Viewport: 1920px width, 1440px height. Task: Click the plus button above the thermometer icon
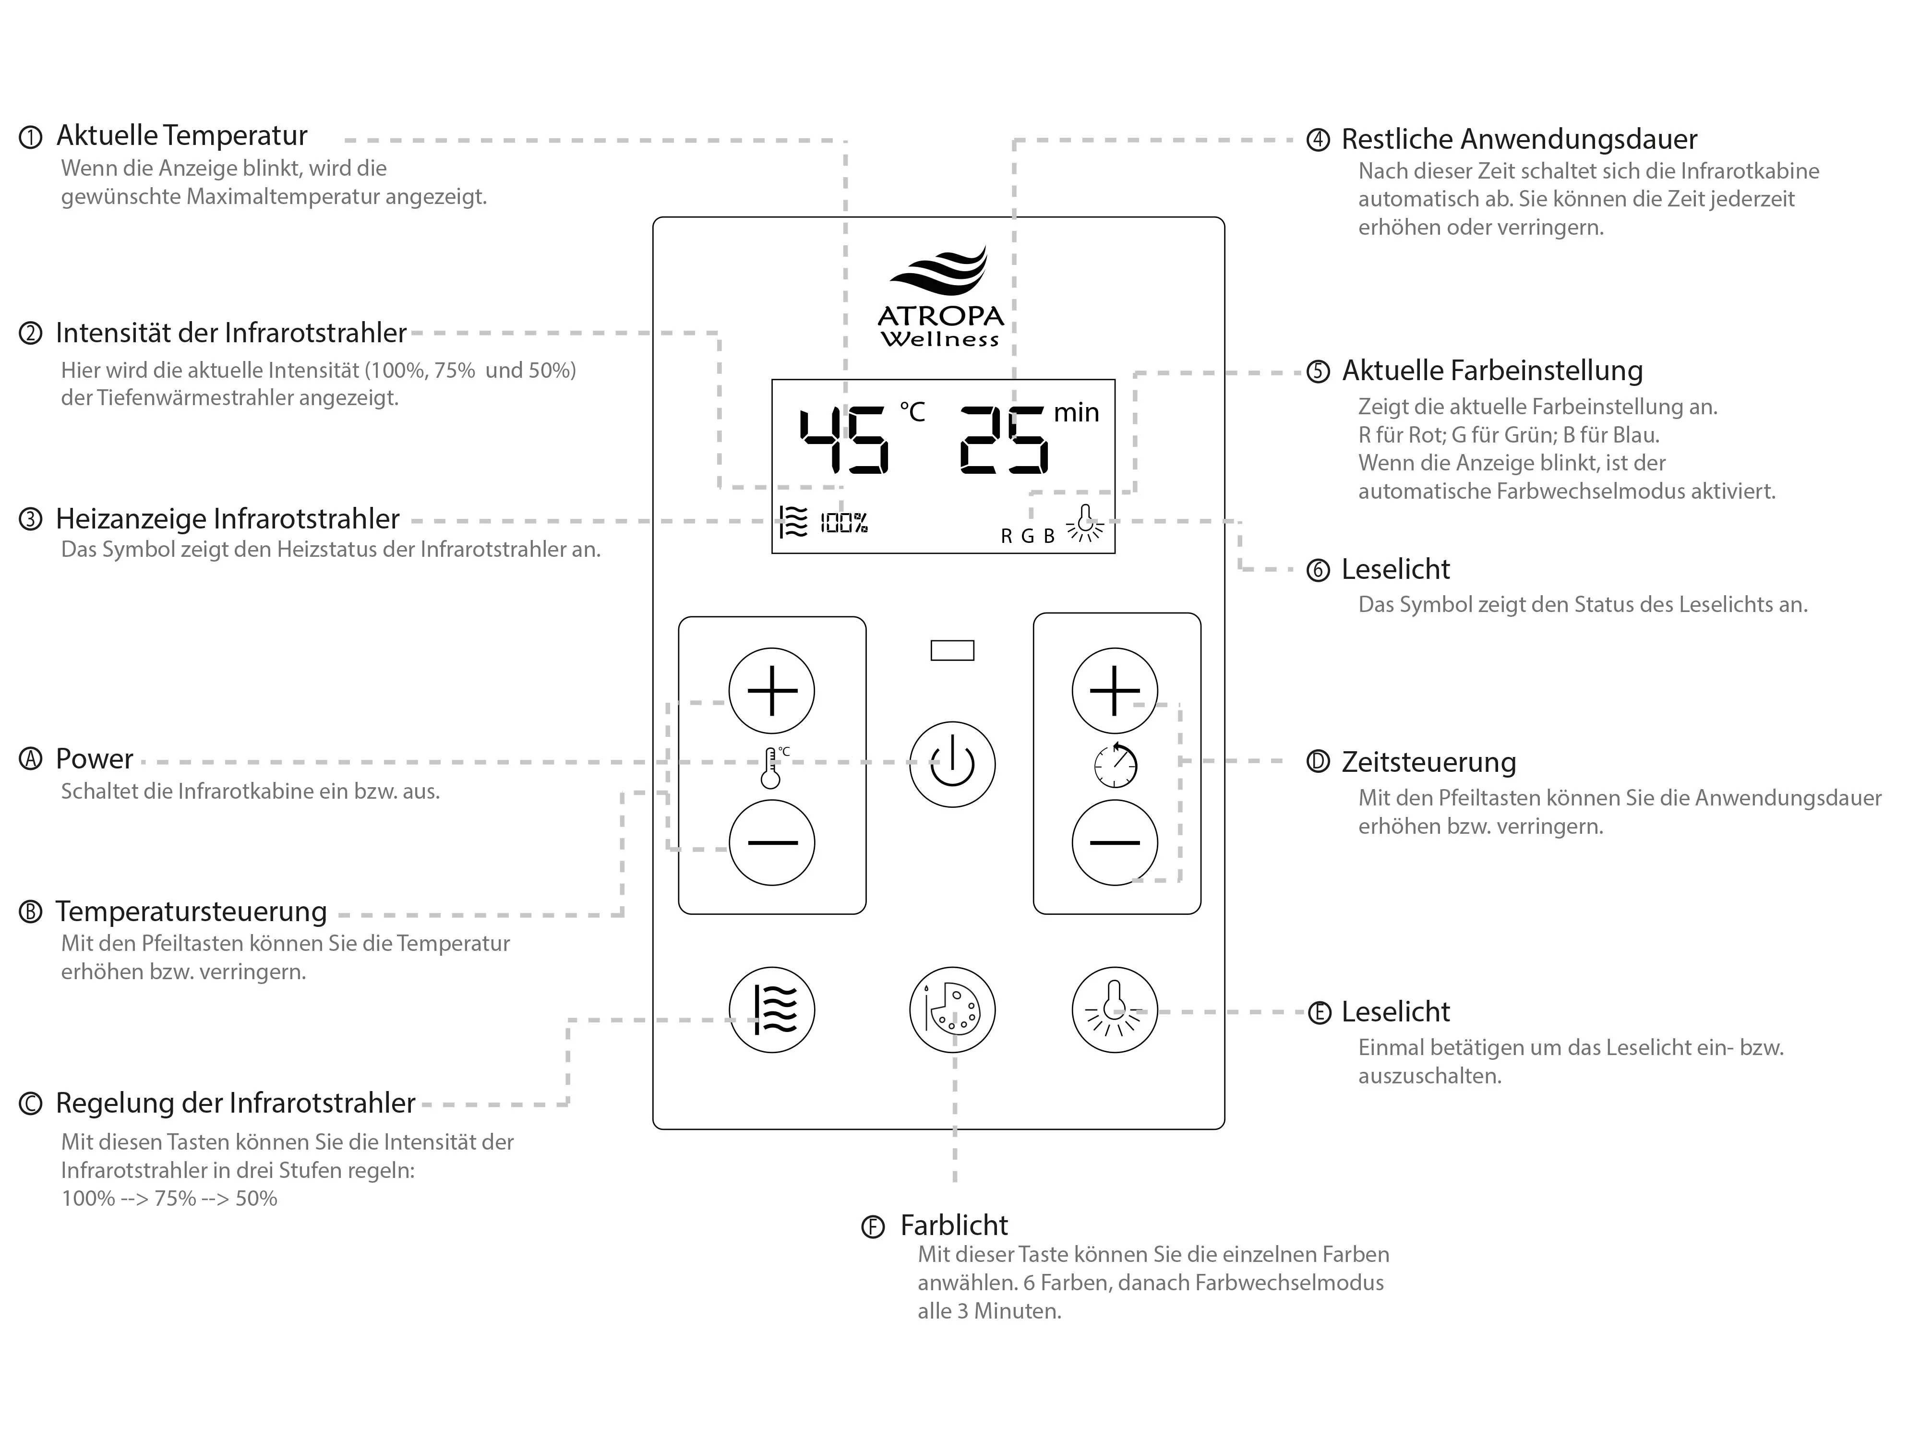click(772, 691)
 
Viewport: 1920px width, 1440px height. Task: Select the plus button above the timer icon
click(1115, 691)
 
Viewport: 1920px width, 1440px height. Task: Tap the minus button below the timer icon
click(1115, 842)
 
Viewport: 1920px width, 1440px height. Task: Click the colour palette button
click(952, 1009)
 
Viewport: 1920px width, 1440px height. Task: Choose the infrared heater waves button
click(772, 1009)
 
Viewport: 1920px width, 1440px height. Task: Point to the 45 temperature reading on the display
click(844, 441)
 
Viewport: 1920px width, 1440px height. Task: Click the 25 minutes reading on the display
click(1004, 441)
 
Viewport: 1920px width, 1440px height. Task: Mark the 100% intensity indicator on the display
click(844, 523)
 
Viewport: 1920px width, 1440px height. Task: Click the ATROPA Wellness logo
click(941, 300)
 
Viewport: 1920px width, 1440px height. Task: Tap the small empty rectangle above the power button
click(952, 650)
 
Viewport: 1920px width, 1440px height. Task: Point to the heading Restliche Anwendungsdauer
click(1519, 139)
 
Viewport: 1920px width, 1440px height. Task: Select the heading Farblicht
click(954, 1225)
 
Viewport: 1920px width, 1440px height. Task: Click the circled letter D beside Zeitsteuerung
click(1318, 762)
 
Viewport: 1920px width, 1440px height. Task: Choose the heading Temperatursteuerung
click(191, 912)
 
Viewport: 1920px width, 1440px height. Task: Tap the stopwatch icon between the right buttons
click(1116, 766)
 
